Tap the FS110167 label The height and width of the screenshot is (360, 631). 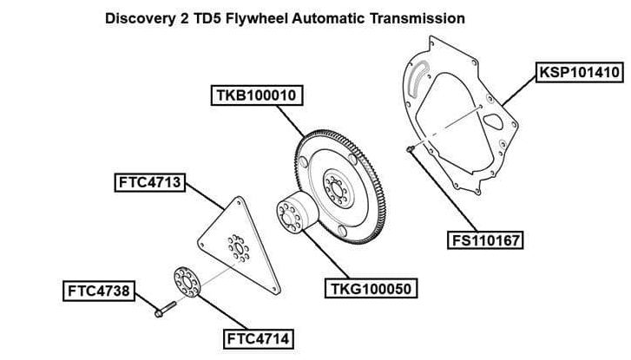486,239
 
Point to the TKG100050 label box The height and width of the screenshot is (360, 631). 370,287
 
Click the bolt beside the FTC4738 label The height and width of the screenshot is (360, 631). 164,308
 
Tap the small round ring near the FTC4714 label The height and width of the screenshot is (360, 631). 187,283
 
